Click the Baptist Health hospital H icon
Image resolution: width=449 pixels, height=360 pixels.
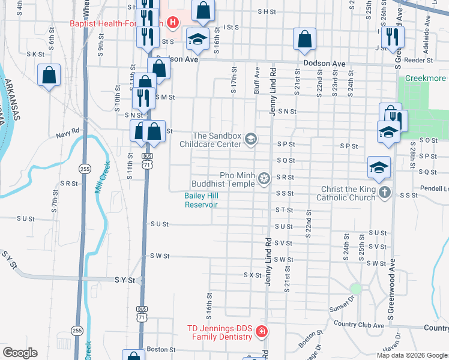pos(173,23)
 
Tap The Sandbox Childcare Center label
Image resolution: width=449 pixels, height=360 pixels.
pos(211,140)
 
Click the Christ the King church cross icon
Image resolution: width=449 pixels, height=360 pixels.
pos(385,193)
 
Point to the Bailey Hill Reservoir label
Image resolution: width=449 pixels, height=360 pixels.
pos(200,200)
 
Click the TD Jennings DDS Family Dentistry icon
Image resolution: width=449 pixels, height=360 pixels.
pos(261,331)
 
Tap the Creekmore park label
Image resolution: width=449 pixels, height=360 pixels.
pos(426,79)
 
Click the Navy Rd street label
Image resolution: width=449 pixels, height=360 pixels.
pos(67,130)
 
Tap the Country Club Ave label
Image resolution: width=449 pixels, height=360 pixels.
pos(358,325)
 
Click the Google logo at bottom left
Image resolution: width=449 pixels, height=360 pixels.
pos(20,352)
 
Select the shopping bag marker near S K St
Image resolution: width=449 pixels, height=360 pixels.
pos(49,75)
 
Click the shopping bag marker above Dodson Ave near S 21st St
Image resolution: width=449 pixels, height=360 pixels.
pos(304,39)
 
